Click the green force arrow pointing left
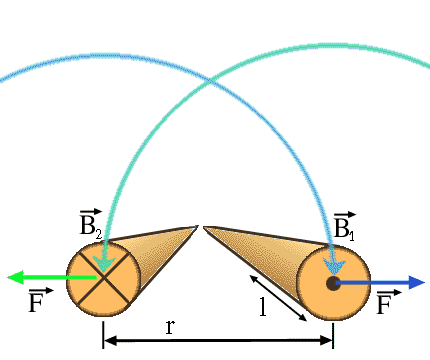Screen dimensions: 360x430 click(x=45, y=277)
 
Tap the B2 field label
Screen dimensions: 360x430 click(x=90, y=224)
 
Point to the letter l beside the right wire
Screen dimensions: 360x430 click(x=263, y=308)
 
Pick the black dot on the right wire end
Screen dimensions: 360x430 click(x=333, y=283)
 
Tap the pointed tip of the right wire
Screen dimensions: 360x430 click(x=205, y=228)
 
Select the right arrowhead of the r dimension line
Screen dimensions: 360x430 click(x=327, y=341)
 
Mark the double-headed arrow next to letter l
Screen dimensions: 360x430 click(x=279, y=297)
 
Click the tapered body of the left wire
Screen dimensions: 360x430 click(x=150, y=252)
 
